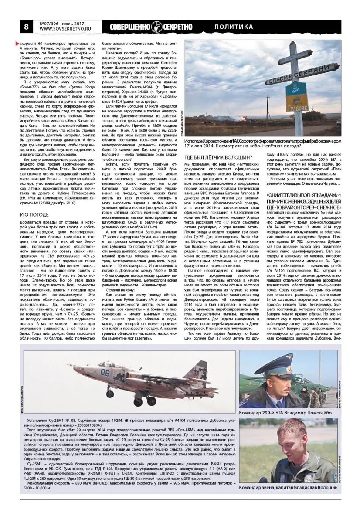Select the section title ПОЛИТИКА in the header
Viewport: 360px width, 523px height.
tap(234, 27)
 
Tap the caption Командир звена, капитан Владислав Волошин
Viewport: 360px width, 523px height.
tap(289, 489)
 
